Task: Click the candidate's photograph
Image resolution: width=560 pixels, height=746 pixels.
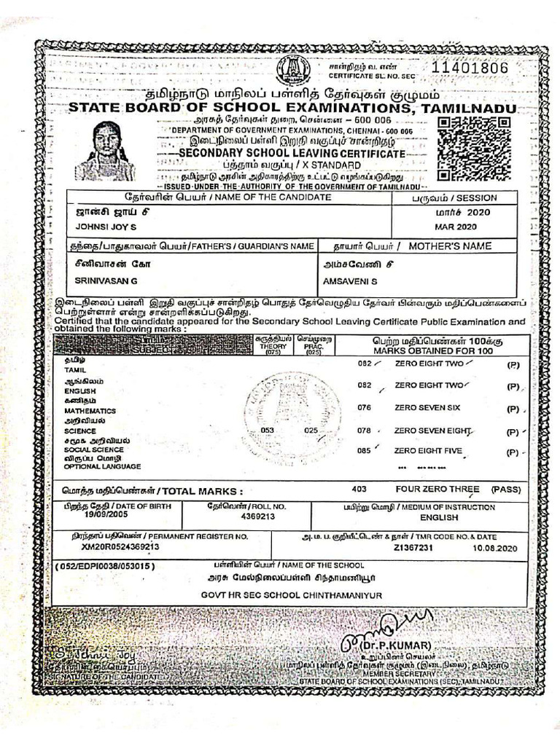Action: pos(106,152)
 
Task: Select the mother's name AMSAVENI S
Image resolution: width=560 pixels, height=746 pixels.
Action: pos(350,280)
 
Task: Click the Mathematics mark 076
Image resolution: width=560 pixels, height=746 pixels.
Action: pos(365,408)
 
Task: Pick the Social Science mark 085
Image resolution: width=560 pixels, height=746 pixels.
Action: pos(365,451)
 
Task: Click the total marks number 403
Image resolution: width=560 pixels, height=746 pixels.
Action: pos(359,490)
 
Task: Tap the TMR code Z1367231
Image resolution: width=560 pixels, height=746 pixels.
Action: pos(413,547)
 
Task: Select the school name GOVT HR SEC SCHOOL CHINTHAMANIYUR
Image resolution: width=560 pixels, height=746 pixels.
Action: pos(292,595)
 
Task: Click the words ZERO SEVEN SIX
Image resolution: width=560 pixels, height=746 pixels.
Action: pos(427,408)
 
